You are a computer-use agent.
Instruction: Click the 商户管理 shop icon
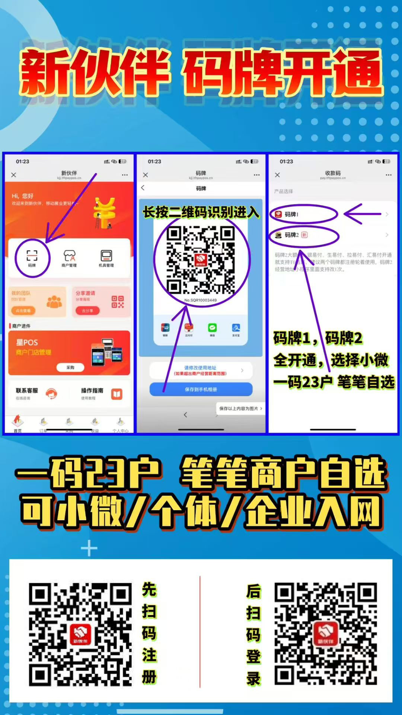(x=69, y=256)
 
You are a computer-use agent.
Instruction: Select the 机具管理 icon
(x=106, y=256)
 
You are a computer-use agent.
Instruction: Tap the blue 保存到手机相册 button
(x=201, y=389)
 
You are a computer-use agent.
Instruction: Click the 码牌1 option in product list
(x=292, y=214)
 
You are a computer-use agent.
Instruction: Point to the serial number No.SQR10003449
(x=201, y=300)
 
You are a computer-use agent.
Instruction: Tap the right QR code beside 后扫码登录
(x=326, y=634)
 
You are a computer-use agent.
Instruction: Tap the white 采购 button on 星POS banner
(x=70, y=368)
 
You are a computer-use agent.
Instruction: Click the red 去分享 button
(x=87, y=311)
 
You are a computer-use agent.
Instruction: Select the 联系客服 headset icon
(x=51, y=393)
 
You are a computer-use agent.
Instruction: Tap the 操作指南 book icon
(x=117, y=394)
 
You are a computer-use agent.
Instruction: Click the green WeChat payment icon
(x=212, y=328)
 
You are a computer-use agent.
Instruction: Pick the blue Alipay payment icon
(x=236, y=328)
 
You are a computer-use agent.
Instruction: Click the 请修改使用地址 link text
(x=200, y=368)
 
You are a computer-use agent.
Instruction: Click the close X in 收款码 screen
(x=277, y=175)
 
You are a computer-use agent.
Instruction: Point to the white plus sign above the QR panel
(x=89, y=549)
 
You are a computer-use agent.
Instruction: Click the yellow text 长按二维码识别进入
(x=201, y=212)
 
